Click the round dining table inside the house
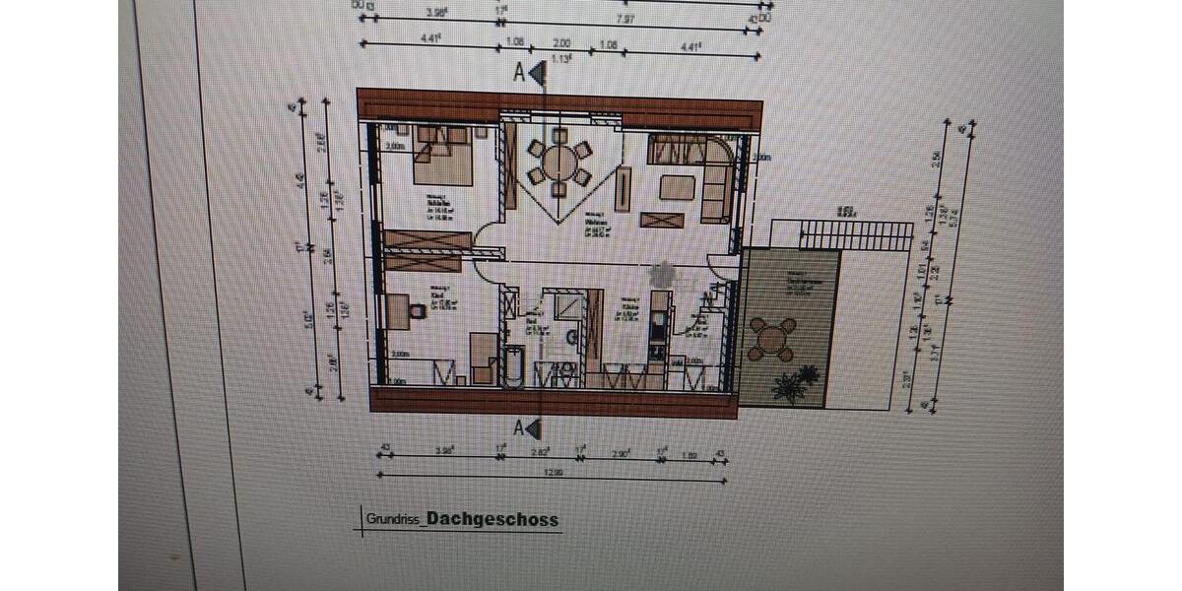coord(558,161)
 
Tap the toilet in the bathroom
coord(570,340)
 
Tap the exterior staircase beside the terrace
coord(853,235)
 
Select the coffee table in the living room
coord(677,186)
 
